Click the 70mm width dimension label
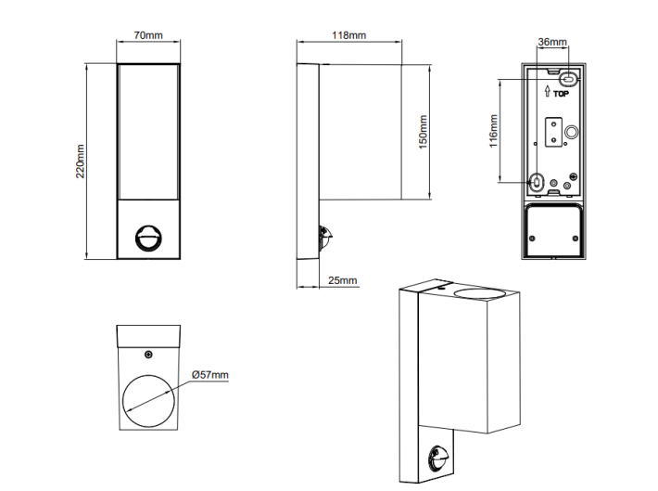point(148,35)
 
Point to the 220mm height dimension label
point(80,162)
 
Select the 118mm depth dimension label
point(348,35)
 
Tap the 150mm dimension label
point(423,132)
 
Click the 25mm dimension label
point(342,280)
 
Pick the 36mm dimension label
point(552,42)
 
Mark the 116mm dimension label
point(493,131)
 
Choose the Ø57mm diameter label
point(210,375)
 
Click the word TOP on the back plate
point(561,94)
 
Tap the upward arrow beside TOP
point(547,91)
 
